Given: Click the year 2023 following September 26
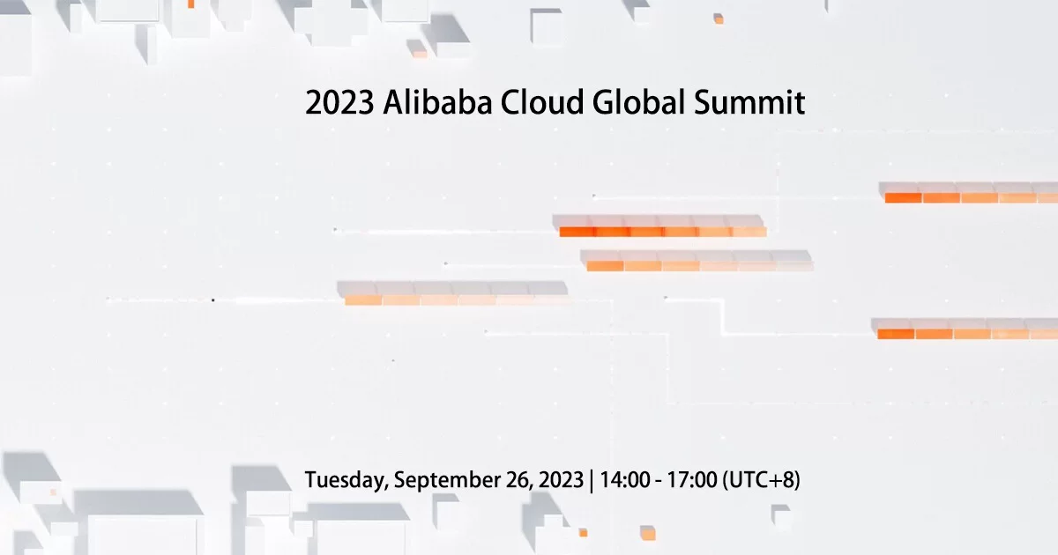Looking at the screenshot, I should tap(556, 481).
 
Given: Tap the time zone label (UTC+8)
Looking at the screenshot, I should tap(761, 481).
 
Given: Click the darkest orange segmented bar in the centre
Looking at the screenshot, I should tap(661, 232).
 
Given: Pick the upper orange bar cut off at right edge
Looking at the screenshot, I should tap(970, 197).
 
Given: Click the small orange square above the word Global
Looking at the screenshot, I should tap(719, 18).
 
